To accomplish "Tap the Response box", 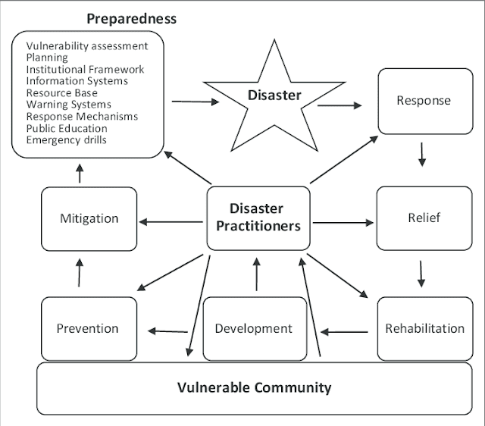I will pos(423,101).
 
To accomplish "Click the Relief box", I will pos(423,218).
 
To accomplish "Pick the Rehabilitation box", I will pos(424,328).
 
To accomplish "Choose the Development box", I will pos(254,328).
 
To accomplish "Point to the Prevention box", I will pos(88,328).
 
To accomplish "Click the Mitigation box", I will pos(89,218).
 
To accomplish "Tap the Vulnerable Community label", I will pos(254,387).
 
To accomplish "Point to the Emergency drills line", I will pos(66,139).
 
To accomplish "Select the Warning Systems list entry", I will pos(68,105).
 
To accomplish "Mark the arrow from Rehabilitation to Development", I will pos(345,330).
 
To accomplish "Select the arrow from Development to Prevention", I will pos(167,330).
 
